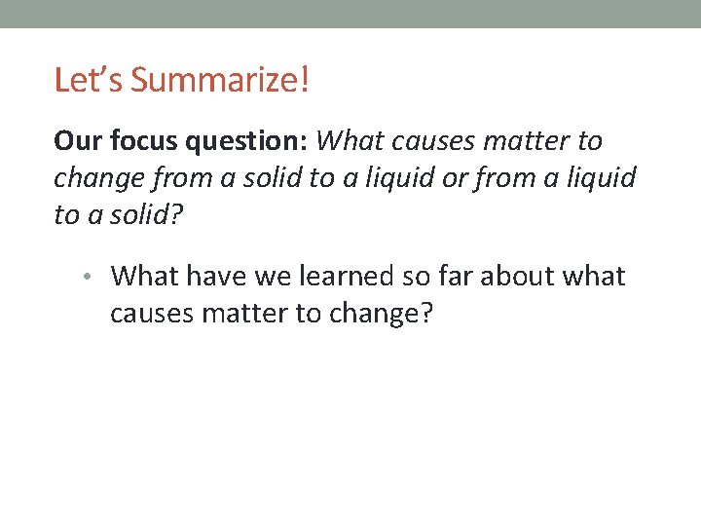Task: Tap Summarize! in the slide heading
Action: click(219, 80)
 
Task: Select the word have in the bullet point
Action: click(218, 277)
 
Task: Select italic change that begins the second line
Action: click(95, 179)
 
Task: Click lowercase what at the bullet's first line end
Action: click(596, 277)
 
